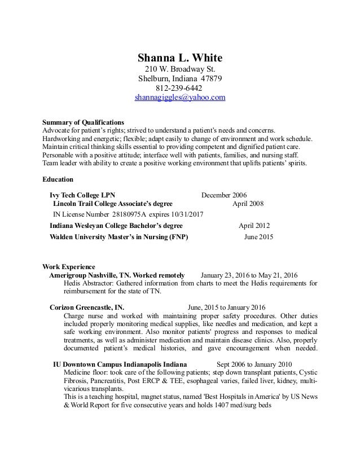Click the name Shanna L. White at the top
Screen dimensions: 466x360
(x=180, y=58)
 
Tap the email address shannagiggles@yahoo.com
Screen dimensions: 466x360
(x=180, y=98)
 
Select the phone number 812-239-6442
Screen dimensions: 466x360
(x=180, y=88)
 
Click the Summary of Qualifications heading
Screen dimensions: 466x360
(x=84, y=122)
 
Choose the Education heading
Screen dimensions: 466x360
(x=58, y=180)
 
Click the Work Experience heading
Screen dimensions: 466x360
(x=69, y=266)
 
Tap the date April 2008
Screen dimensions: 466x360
(x=248, y=204)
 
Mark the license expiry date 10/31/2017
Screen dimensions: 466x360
(x=186, y=215)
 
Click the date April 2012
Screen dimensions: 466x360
(x=254, y=225)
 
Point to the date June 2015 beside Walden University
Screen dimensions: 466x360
(x=258, y=237)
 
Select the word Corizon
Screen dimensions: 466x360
(x=64, y=307)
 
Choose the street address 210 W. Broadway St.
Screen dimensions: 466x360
(x=180, y=69)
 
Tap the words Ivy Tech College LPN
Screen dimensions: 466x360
(x=82, y=195)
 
